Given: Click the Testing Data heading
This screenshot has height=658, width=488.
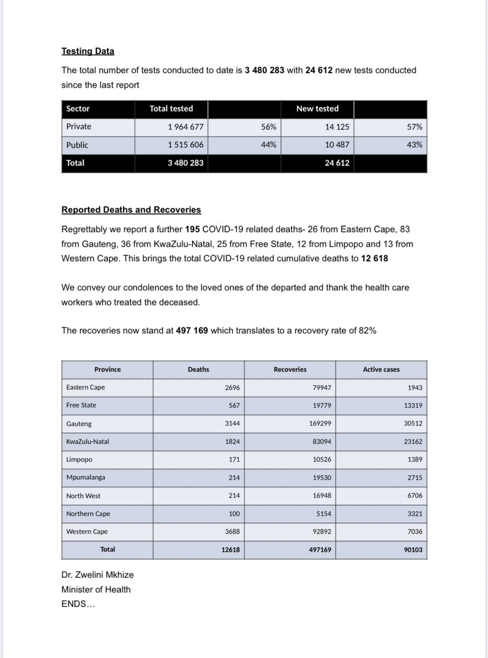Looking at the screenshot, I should pos(88,51).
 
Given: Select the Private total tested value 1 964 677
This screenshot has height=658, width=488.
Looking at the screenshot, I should pos(185,127).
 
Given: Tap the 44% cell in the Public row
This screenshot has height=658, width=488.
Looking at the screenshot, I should pos(268,145).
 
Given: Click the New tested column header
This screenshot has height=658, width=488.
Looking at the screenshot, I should pos(317,109).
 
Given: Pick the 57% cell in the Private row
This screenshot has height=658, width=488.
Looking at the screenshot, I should pos(414,127).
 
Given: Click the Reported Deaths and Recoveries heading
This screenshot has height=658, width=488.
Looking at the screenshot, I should pos(131,210).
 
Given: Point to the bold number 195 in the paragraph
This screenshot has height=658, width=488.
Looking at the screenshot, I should pos(192,229).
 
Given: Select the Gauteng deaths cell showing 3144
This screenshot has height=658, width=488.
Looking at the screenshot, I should pos(232,423).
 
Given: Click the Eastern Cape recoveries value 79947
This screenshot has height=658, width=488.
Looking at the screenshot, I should pos(322,388).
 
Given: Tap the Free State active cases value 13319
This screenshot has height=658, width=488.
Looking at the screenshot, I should pos(413,405).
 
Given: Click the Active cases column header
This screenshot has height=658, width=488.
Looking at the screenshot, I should pos(381,369).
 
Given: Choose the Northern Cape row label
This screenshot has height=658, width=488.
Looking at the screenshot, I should pos(88,514).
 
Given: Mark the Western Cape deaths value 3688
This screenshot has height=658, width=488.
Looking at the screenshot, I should pos(232,532).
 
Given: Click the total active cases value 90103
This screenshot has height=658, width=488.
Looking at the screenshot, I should pos(413,550).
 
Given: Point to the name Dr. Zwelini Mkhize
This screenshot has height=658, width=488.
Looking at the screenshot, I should pos(98,575).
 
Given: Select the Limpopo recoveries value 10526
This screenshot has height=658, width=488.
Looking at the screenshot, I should pos(322,459).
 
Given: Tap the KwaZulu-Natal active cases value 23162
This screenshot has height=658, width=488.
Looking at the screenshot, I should pos(413,442).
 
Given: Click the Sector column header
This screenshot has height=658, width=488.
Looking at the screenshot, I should pos(78,109).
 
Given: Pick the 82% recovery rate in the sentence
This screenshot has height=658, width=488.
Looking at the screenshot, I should pos(367,331).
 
